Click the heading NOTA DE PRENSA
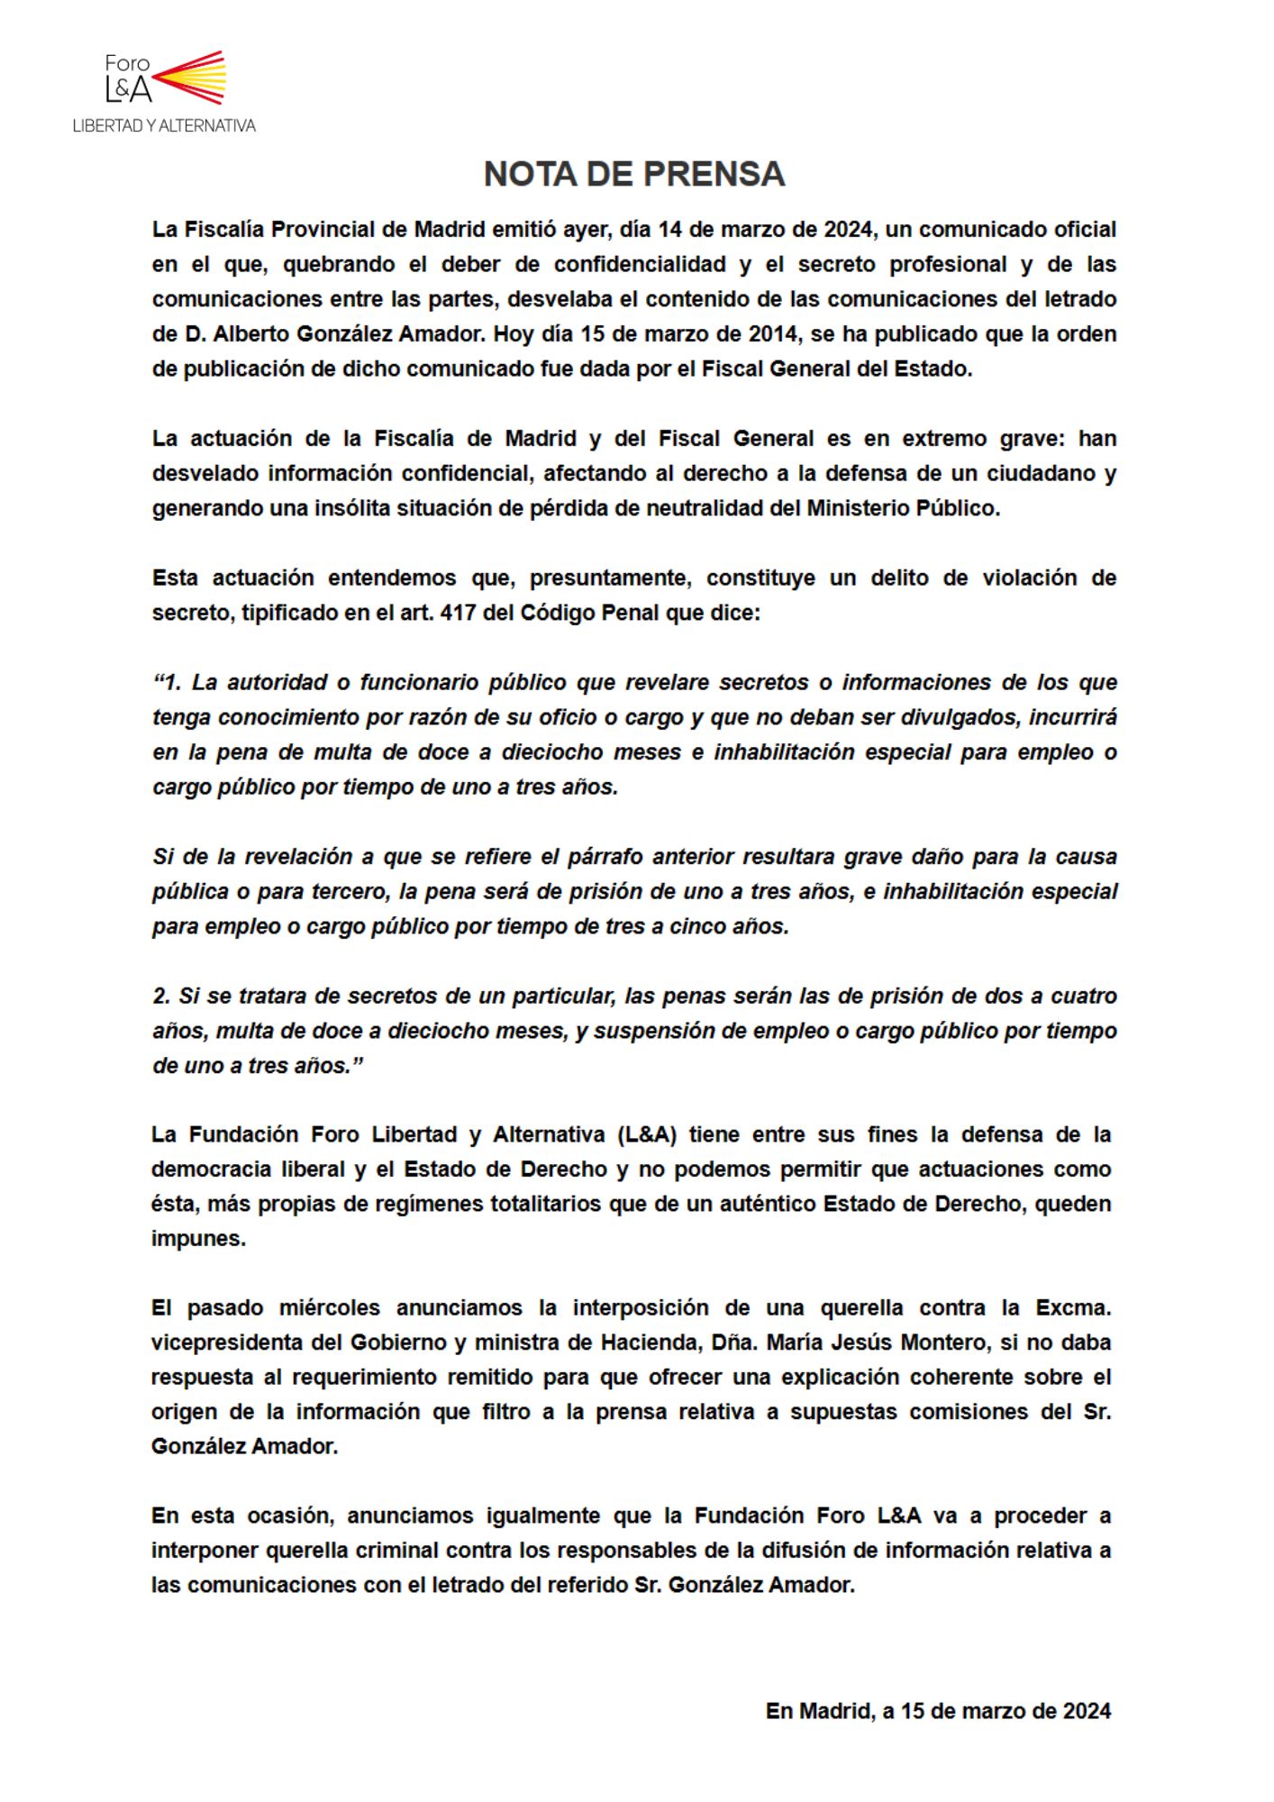pyautogui.click(x=634, y=174)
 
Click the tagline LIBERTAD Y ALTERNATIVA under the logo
pyautogui.click(x=164, y=126)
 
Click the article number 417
pyautogui.click(x=458, y=613)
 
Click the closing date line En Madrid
pyautogui.click(x=938, y=1712)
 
